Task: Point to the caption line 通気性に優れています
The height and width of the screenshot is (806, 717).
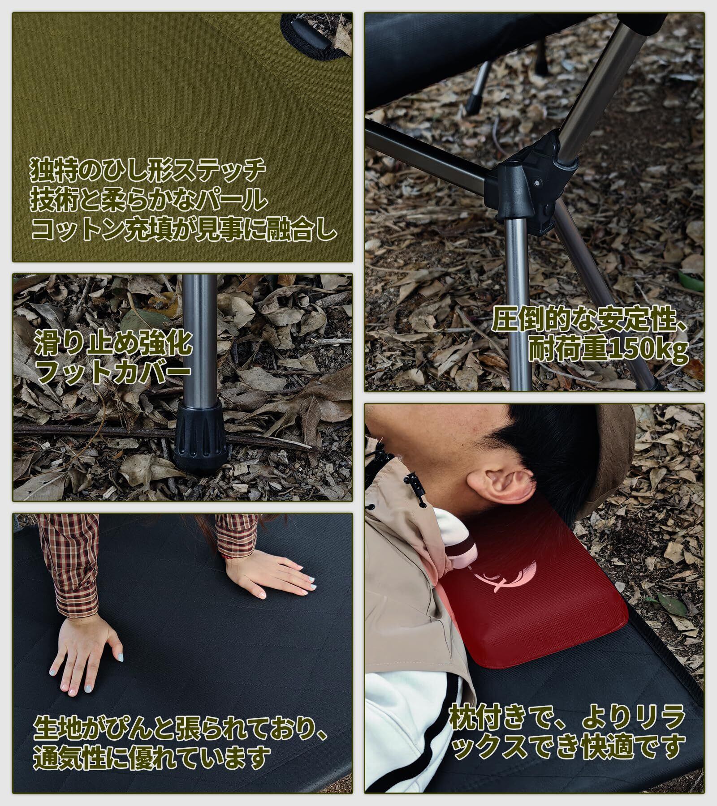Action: click(x=152, y=756)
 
